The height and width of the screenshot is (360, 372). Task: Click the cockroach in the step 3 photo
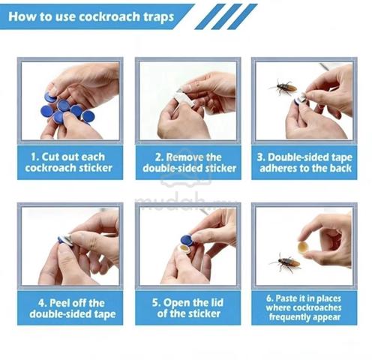point(283,87)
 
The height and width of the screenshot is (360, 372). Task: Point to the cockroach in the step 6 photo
point(286,262)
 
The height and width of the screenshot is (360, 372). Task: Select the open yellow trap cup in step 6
point(304,247)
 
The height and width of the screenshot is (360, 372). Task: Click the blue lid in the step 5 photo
point(187,241)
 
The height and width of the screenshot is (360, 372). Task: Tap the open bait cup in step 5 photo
point(184,249)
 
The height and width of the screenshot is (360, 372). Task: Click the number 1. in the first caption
point(34,157)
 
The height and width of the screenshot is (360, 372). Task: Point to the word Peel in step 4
point(59,303)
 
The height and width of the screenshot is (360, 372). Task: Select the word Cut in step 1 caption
point(50,157)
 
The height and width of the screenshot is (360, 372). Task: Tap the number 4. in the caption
point(43,303)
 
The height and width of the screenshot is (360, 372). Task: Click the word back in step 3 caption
point(340,168)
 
